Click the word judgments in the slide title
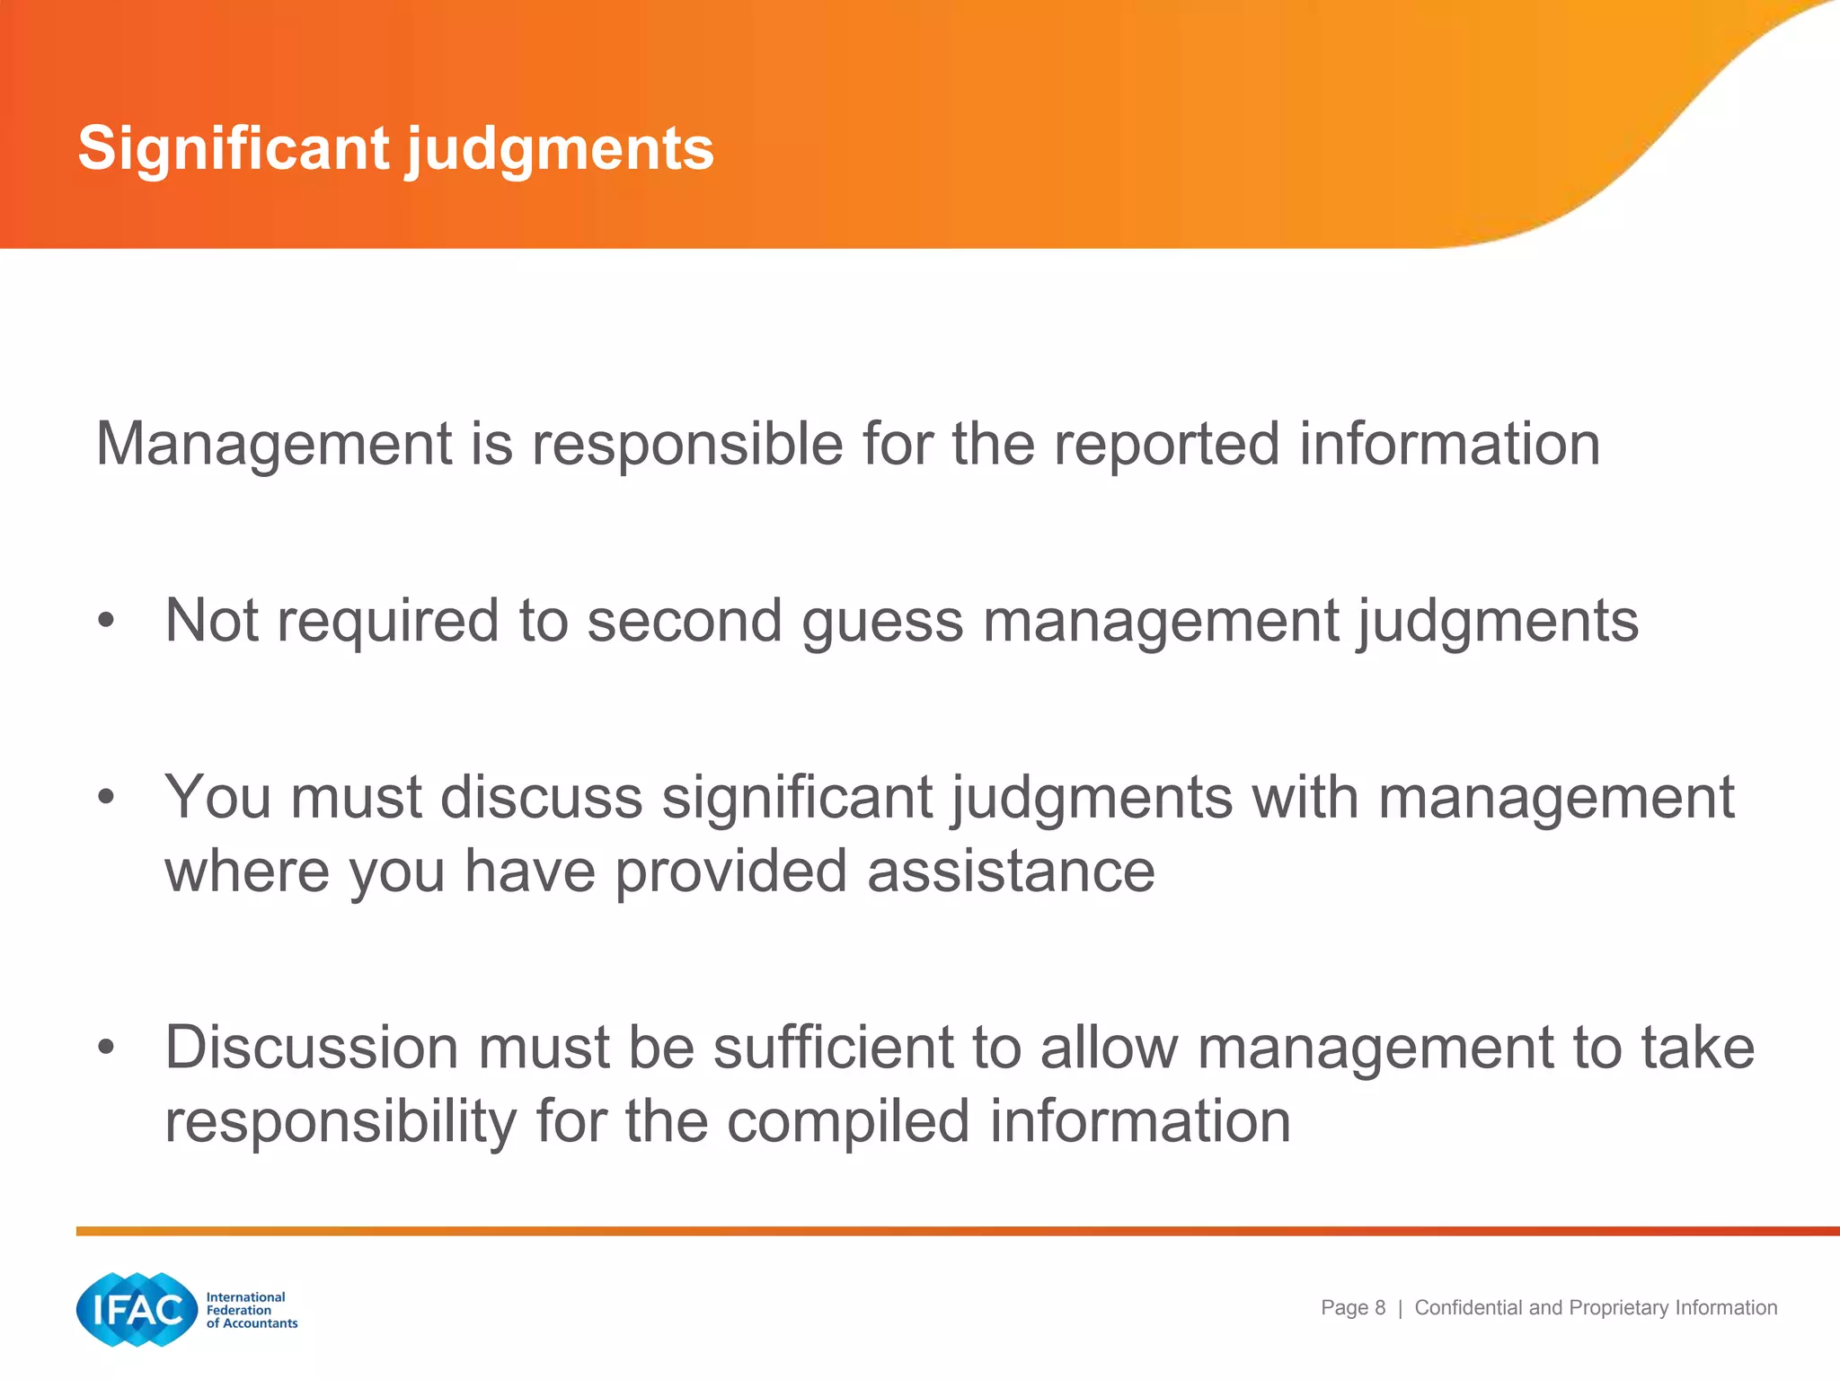click(561, 151)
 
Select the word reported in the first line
click(1166, 446)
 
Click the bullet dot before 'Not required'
click(107, 620)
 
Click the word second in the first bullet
click(685, 621)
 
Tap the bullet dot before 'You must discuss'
click(107, 796)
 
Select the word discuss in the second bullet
click(542, 797)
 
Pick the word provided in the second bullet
click(730, 871)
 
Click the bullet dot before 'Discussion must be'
click(107, 1047)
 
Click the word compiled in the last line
click(848, 1122)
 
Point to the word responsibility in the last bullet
click(341, 1122)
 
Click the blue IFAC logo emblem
click(137, 1309)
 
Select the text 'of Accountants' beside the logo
click(252, 1323)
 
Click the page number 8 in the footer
click(1380, 1308)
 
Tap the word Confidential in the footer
click(1469, 1308)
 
